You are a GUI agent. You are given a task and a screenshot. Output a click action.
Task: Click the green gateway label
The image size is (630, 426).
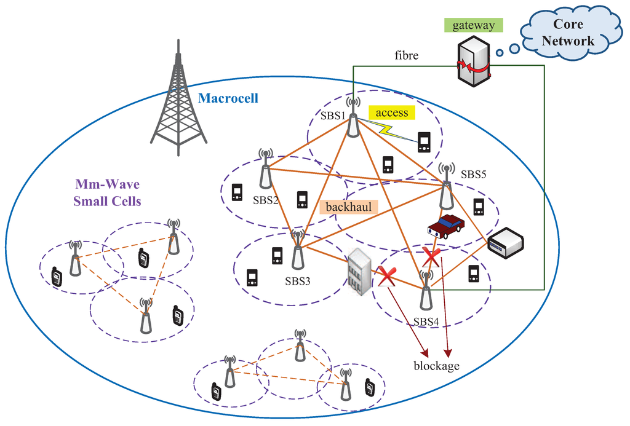(474, 25)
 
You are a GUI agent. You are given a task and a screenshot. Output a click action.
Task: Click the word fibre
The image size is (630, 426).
(407, 55)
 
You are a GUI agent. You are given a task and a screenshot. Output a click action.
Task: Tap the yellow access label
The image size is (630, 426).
(392, 112)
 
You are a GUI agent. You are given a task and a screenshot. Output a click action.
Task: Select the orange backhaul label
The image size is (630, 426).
(348, 207)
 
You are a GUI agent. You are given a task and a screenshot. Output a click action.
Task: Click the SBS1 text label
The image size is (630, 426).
(333, 115)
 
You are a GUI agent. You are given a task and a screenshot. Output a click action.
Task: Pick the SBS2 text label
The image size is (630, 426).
(266, 200)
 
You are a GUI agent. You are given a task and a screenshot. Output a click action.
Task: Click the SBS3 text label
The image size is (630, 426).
(297, 282)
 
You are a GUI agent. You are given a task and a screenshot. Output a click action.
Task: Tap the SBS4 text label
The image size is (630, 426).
(426, 321)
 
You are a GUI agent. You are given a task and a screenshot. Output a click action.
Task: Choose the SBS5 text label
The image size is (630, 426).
(474, 174)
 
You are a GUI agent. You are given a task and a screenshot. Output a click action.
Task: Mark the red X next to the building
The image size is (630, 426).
(386, 277)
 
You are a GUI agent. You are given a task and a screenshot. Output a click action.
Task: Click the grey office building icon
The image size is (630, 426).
(359, 271)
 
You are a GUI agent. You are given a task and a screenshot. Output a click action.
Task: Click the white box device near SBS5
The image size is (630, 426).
(505, 241)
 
